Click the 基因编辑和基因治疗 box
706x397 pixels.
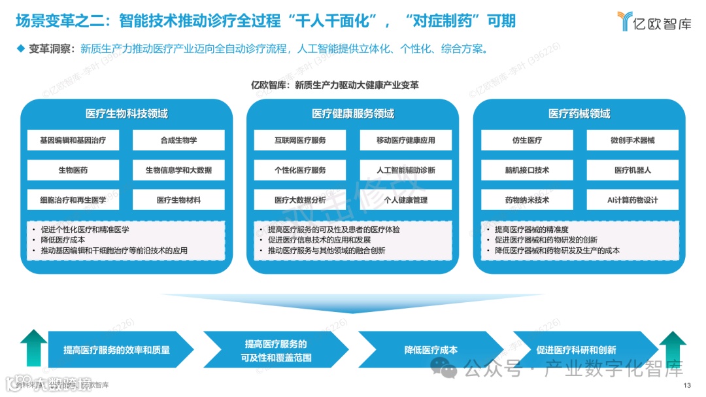pyautogui.click(x=73, y=140)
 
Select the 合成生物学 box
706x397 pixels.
pyautogui.click(x=178, y=140)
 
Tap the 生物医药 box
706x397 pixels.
pyautogui.click(x=73, y=170)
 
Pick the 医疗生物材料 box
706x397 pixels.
pyautogui.click(x=178, y=200)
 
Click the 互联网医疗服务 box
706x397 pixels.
pyautogui.click(x=300, y=140)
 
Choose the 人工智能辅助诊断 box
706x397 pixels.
pyautogui.click(x=405, y=170)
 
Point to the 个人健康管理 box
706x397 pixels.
pyautogui.click(x=405, y=200)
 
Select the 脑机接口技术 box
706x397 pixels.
pyautogui.click(x=527, y=170)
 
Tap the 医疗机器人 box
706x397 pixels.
pyautogui.click(x=632, y=170)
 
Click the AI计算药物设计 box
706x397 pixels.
pyautogui.click(x=632, y=200)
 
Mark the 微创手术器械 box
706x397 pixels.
pyautogui.click(x=632, y=140)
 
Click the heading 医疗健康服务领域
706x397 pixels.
pyautogui.click(x=353, y=114)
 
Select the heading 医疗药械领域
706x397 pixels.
pyautogui.click(x=579, y=114)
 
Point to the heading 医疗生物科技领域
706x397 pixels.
pyautogui.click(x=126, y=114)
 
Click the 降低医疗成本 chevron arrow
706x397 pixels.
pyautogui.click(x=431, y=350)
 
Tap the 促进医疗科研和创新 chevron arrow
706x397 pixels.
pyautogui.click(x=576, y=350)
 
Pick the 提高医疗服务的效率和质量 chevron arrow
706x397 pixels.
pyautogui.click(x=118, y=350)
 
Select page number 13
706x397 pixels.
pyautogui.click(x=686, y=385)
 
